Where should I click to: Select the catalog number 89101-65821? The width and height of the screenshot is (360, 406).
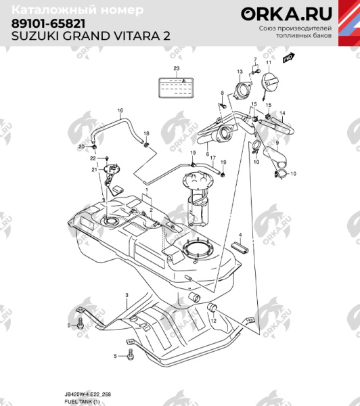tap(47, 23)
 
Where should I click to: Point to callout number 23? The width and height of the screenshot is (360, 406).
tap(177, 68)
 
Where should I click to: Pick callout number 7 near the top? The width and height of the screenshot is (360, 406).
tap(256, 60)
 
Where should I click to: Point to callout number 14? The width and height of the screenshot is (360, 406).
tap(283, 113)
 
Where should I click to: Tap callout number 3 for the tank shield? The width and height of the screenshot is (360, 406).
tap(126, 296)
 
